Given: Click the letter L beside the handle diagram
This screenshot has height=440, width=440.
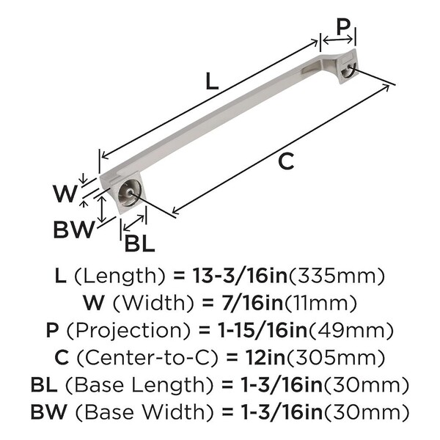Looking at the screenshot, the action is point(212,81).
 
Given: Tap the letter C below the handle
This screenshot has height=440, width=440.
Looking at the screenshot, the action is point(286,161).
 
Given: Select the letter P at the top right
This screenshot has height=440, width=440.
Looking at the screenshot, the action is point(343,28).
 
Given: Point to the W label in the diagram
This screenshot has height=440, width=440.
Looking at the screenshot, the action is point(65,194).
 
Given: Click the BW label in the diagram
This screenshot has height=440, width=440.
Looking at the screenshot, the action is point(74,230).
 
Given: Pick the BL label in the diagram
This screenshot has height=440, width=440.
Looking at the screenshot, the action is point(140,243).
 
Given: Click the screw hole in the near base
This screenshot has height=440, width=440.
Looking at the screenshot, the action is point(129,193).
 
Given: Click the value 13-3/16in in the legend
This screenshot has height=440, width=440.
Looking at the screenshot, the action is point(240,276).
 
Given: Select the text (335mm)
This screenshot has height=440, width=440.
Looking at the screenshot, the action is point(336,276).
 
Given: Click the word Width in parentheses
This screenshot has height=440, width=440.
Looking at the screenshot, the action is point(153,303).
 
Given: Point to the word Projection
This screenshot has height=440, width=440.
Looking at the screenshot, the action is point(129,330).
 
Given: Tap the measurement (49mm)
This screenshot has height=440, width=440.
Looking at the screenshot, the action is point(351,331).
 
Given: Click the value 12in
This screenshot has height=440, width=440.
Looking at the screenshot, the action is point(265,358).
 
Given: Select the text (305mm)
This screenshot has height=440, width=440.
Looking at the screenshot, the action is point(335,358).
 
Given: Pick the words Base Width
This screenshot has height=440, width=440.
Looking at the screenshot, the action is point(144,412).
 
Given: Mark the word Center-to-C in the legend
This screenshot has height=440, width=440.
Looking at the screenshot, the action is point(147,358).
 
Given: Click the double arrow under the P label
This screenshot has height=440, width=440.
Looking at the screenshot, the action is point(338,40).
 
